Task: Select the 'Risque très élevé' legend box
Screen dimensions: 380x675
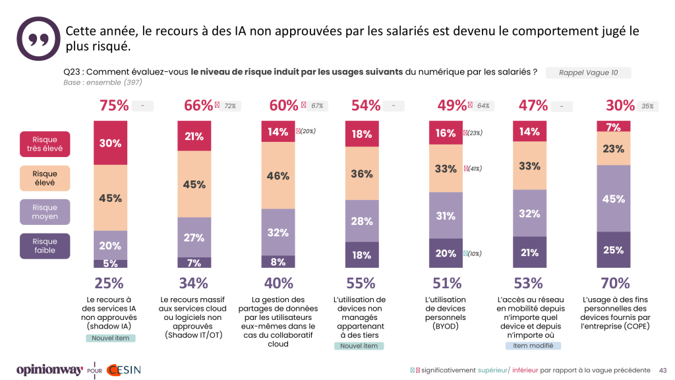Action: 45,144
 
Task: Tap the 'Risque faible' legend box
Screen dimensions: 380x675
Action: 45,245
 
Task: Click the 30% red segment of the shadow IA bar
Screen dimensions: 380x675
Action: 110,142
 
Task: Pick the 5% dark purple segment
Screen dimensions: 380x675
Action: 110,263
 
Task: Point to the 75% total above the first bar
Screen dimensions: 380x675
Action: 113,106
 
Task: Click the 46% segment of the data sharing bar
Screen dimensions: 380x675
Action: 278,175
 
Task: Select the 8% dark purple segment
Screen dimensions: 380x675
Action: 278,261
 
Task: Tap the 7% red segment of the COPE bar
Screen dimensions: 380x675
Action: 614,126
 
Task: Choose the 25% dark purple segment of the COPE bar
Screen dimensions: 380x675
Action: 614,250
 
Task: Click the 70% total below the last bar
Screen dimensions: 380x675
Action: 616,284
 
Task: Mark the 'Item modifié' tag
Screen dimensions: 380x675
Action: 533,346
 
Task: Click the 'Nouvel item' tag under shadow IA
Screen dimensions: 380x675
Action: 110,338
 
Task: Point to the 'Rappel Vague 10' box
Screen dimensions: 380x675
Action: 588,73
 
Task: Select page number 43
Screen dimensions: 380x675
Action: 663,370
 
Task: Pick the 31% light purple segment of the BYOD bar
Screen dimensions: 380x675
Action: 446,215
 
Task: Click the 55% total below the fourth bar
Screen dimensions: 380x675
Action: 363,284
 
